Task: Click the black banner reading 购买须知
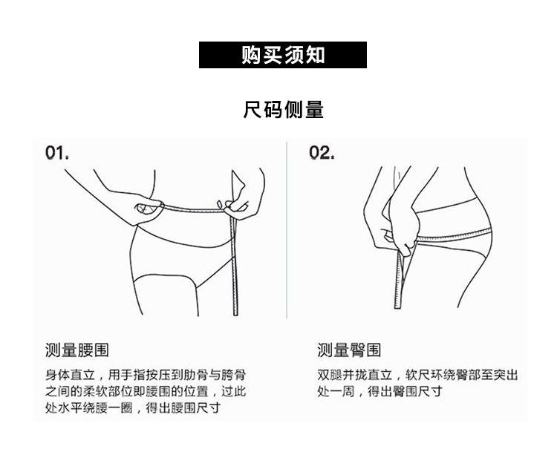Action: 283,55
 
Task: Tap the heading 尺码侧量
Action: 283,109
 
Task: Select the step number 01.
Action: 57,153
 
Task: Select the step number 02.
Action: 322,153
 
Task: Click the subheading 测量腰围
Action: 76,350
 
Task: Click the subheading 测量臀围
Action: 349,350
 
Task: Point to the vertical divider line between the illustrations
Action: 287,230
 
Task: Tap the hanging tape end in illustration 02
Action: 399,281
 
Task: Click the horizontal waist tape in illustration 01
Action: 194,209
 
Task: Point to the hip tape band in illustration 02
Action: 454,235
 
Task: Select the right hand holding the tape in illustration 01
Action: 238,204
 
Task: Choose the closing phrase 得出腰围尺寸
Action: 183,407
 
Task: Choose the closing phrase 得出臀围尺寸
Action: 405,391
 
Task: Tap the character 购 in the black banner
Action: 252,55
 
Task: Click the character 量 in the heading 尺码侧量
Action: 314,109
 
